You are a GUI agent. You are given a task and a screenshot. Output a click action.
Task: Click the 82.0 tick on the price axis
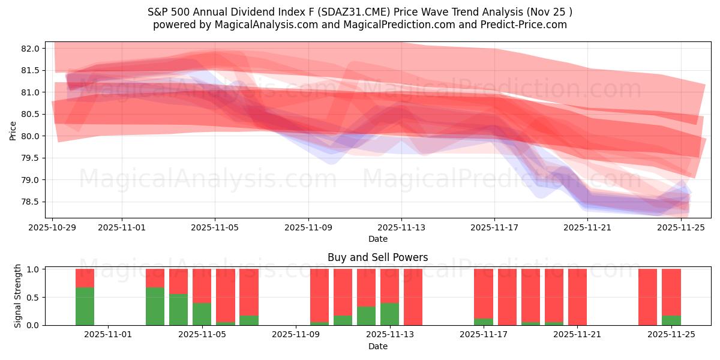[32, 49]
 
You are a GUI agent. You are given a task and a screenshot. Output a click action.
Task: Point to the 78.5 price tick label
[32, 202]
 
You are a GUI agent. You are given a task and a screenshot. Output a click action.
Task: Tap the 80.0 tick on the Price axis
[32, 136]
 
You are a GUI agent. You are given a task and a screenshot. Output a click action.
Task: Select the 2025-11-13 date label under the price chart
[401, 227]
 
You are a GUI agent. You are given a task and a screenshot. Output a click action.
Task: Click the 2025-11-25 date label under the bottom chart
[671, 335]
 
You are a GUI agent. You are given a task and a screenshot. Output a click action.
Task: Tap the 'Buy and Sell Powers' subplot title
[377, 257]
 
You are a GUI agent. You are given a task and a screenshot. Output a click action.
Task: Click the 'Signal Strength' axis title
[18, 296]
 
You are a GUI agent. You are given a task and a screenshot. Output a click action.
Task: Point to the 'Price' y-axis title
[13, 130]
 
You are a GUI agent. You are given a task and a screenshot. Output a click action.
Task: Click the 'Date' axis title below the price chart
[377, 239]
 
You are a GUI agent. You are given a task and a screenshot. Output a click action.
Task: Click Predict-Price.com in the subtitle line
[525, 25]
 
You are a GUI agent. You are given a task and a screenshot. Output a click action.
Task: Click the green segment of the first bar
[85, 306]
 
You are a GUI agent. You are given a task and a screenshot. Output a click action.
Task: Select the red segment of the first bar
[85, 278]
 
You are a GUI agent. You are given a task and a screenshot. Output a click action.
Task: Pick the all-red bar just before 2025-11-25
[648, 297]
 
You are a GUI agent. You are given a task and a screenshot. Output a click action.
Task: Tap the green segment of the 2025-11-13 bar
[389, 314]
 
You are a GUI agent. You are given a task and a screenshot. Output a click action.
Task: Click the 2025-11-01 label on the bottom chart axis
[108, 335]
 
